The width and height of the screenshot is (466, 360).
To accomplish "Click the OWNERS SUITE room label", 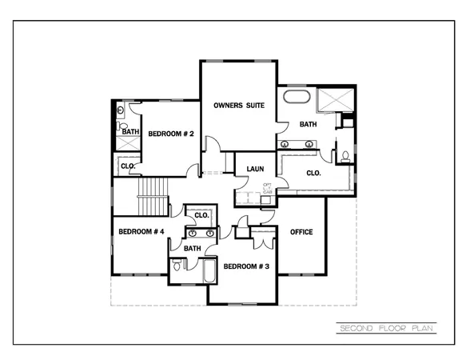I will point(237,105).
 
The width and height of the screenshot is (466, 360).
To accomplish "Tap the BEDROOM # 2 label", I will point(171,134).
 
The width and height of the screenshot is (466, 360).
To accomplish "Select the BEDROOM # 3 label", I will point(245,266).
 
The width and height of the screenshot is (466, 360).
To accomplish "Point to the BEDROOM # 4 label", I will point(141,232).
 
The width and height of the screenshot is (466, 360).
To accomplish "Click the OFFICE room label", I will point(301,232).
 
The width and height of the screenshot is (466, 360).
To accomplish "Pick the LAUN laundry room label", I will point(255,169).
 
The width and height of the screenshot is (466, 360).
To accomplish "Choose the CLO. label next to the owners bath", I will point(314,173).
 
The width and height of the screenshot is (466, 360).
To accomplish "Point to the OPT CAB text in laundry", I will point(268,190).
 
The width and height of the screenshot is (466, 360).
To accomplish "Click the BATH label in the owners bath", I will point(308,125).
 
